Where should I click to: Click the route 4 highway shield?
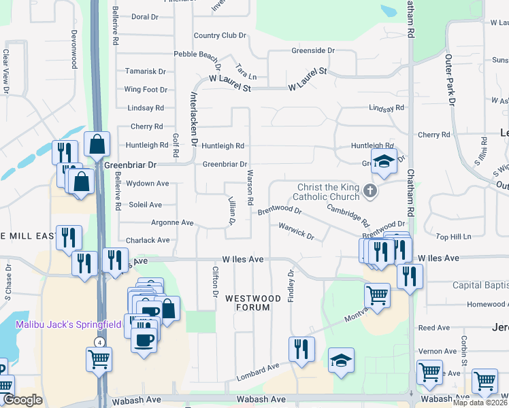(x=99, y=341)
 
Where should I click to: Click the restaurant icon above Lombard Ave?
(x=301, y=349)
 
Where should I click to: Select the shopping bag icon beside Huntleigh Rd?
(x=97, y=144)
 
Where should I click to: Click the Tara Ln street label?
(x=246, y=71)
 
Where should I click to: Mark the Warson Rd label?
(x=249, y=193)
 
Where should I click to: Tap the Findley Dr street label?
(x=291, y=285)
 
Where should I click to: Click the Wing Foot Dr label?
(x=146, y=89)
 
